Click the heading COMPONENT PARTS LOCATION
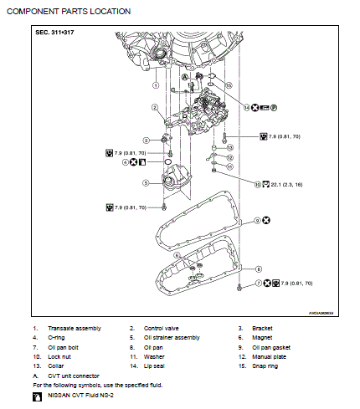(69, 11)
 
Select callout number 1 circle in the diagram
(156, 85)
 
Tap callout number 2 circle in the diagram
(156, 108)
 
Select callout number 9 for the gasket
(258, 221)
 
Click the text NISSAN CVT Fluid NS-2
(82, 394)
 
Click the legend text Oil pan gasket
(284, 346)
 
